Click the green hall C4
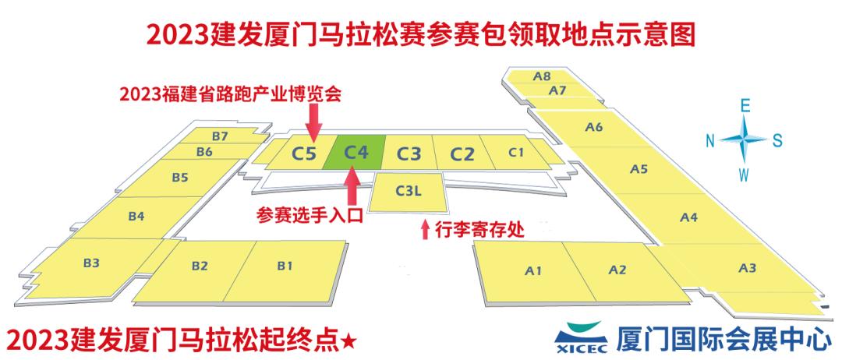click(356, 152)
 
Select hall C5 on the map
click(304, 153)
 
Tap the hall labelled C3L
click(409, 191)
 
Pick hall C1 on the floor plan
click(515, 152)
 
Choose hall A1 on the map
click(533, 271)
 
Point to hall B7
click(219, 136)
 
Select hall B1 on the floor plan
click(285, 266)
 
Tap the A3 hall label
click(747, 268)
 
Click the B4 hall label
click(136, 216)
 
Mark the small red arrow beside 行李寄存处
click(424, 230)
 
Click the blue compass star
click(744, 139)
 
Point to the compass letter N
click(710, 140)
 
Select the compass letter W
click(745, 173)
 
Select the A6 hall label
click(594, 127)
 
